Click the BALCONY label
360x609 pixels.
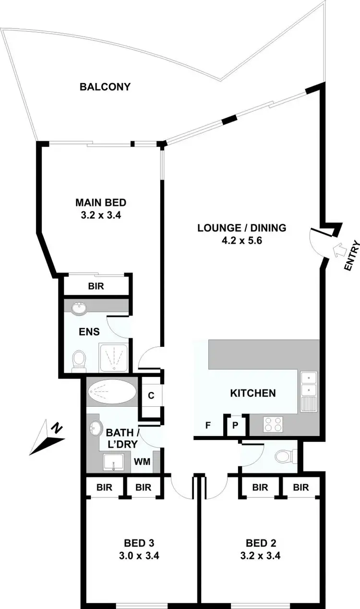(105, 87)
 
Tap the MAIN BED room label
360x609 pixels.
(100, 202)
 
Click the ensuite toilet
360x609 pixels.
(78, 360)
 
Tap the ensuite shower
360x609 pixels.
(114, 357)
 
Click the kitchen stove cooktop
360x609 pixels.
(273, 424)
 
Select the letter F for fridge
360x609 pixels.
(208, 426)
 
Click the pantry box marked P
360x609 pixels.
(236, 425)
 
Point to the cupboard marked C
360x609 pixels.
(151, 396)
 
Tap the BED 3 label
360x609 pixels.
(139, 543)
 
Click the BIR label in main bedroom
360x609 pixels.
(96, 286)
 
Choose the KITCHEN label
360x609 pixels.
(253, 393)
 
